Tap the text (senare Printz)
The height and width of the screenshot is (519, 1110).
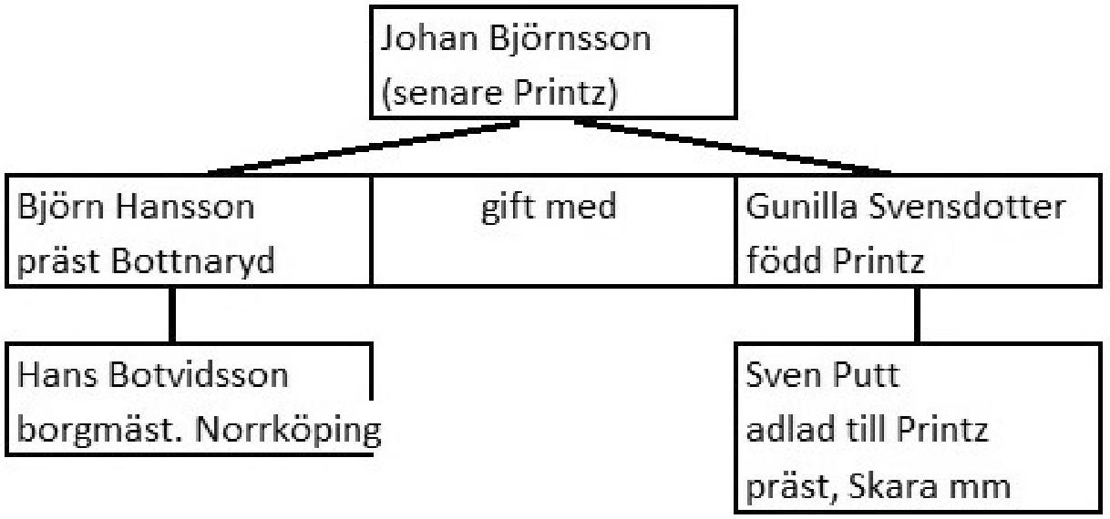click(498, 94)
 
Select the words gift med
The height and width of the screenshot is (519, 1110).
click(549, 208)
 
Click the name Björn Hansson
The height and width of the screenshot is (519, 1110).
click(137, 208)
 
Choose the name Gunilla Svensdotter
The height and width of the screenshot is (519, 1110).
click(905, 208)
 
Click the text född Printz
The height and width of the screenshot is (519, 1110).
click(836, 262)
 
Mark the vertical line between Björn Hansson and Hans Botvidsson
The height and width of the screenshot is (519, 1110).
click(172, 315)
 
